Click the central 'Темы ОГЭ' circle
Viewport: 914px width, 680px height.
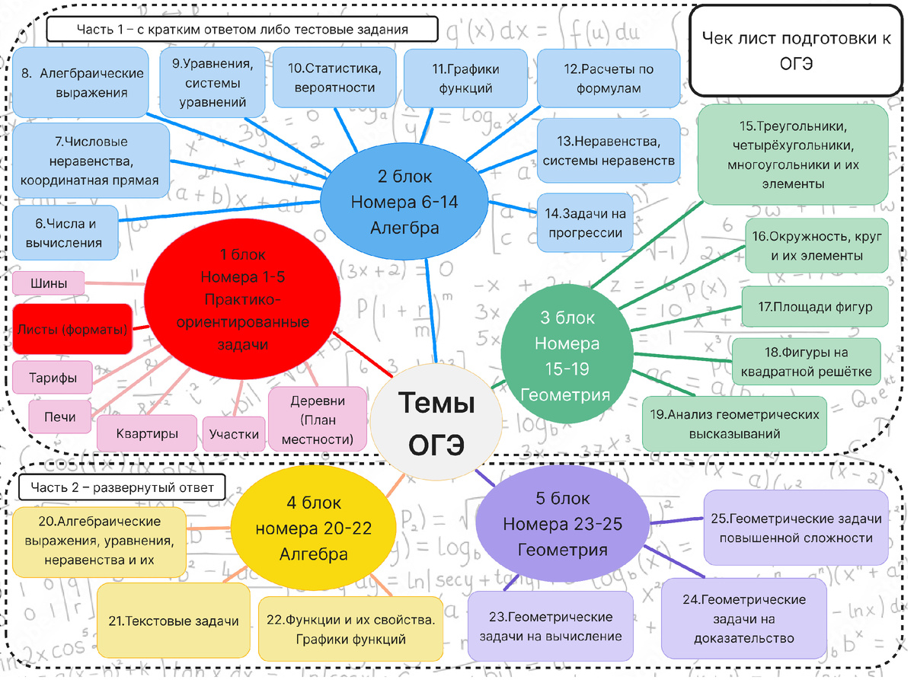(436, 423)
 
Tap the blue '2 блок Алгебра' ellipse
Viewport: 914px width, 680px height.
(404, 202)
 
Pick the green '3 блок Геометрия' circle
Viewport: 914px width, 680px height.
(566, 356)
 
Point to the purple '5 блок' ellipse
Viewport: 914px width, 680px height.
(562, 525)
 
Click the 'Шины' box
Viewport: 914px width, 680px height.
(49, 283)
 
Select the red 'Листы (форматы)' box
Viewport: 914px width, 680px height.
(72, 329)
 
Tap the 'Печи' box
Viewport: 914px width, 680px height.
(60, 417)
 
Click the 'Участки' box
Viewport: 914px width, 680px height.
(234, 434)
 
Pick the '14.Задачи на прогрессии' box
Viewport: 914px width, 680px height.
(585, 223)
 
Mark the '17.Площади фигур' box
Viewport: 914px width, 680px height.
(815, 308)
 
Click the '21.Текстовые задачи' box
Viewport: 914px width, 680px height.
(174, 621)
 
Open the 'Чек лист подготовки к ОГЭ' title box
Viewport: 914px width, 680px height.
(796, 50)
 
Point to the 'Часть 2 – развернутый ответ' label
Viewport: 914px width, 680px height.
(123, 487)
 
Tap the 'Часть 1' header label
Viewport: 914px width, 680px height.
(242, 30)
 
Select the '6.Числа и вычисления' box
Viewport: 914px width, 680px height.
(66, 233)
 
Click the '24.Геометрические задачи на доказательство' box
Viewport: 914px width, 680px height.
(744, 618)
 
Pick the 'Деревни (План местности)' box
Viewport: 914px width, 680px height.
(318, 420)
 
